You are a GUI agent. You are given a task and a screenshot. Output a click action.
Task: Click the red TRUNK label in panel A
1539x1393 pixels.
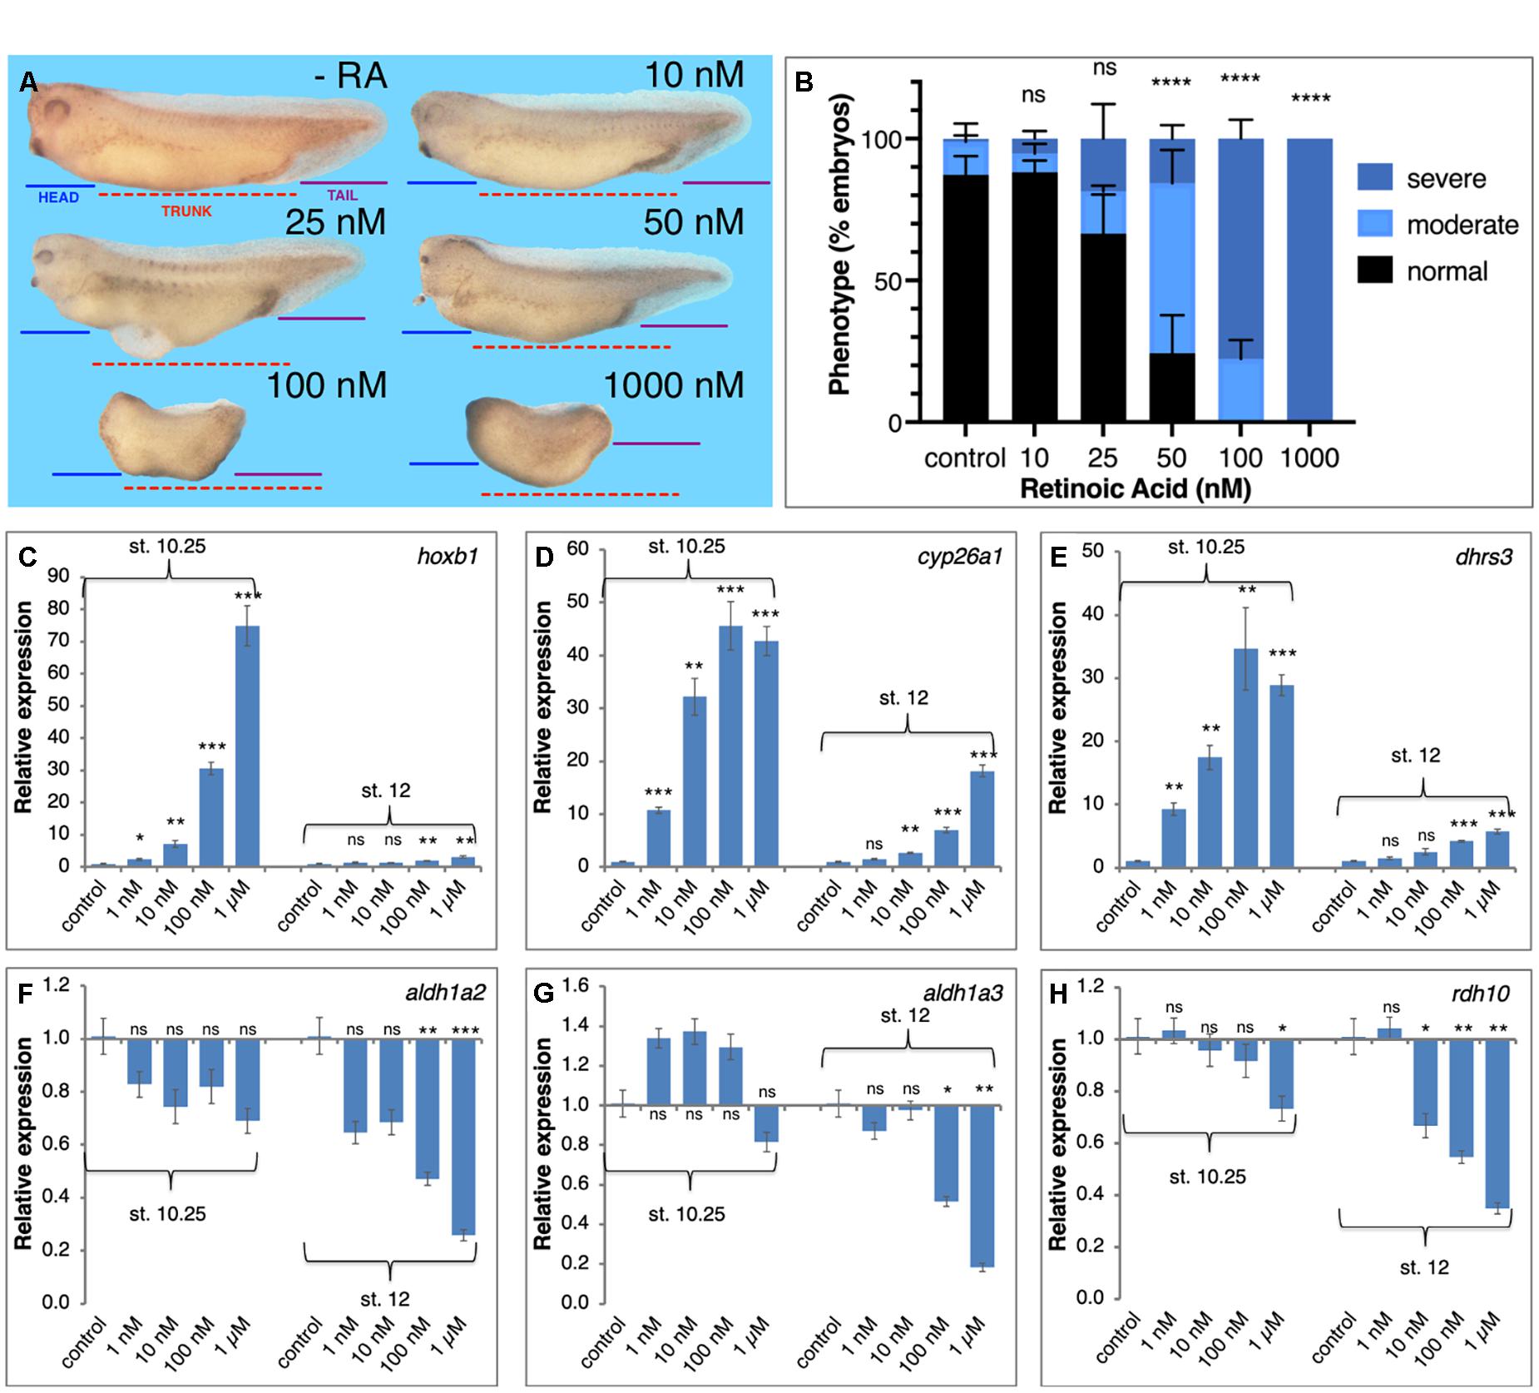186,211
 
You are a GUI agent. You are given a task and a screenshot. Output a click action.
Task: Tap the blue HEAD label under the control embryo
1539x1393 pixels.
58,197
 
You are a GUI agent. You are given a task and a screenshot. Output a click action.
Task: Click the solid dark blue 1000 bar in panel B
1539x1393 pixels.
1309,280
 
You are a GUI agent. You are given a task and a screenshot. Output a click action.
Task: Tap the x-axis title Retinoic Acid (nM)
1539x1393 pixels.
1136,488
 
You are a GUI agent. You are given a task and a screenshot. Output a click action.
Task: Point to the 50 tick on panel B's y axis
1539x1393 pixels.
892,281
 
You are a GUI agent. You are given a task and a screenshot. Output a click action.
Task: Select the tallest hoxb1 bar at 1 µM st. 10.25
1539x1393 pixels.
247,746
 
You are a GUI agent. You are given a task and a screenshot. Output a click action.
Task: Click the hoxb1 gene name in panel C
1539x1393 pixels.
448,557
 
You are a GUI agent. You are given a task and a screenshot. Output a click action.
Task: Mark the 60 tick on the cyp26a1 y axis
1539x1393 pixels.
577,549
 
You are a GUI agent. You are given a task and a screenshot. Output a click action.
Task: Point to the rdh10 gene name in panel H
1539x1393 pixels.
1486,993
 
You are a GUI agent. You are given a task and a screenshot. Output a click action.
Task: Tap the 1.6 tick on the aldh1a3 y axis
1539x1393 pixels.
577,986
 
